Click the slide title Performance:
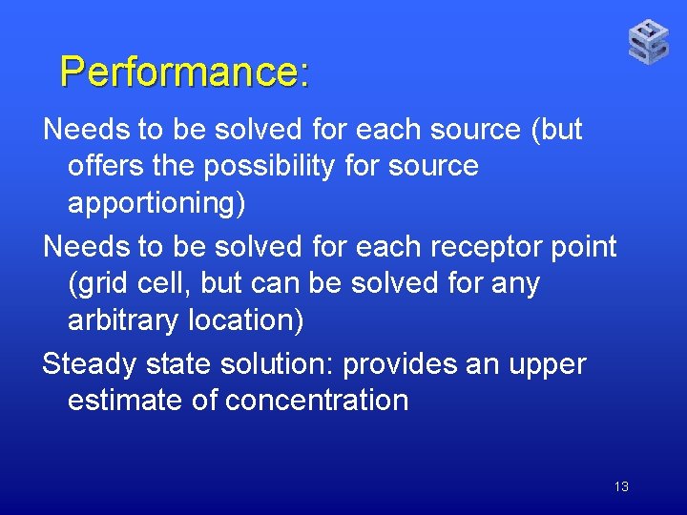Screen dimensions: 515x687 pos(184,72)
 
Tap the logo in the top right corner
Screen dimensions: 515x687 pos(648,42)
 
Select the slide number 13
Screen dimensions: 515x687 pos(621,487)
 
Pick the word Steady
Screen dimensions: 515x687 pos(90,364)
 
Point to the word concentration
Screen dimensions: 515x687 pos(317,401)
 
